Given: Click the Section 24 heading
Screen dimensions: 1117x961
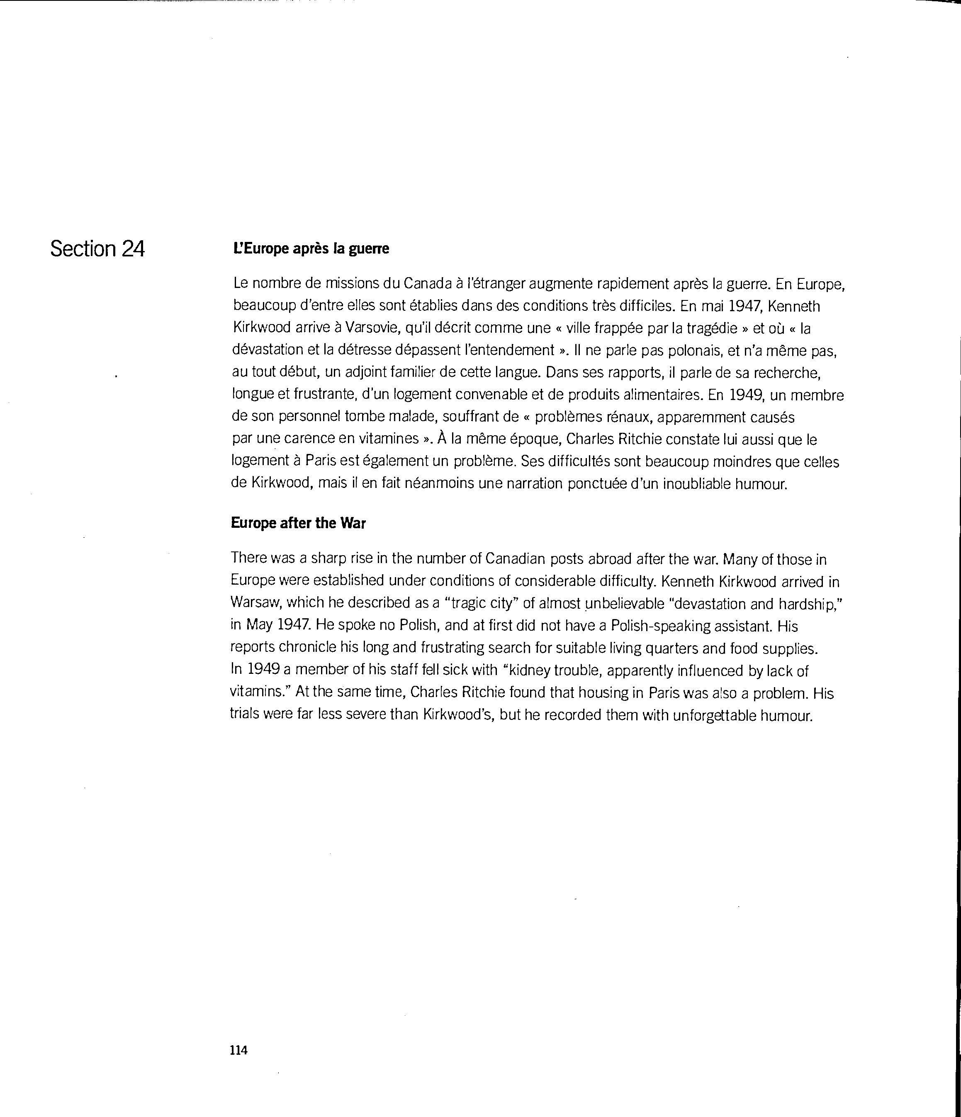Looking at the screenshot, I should (97, 249).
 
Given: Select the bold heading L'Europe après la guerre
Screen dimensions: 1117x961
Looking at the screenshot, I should (311, 249).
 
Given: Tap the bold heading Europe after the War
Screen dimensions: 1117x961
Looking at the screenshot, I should (298, 524).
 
